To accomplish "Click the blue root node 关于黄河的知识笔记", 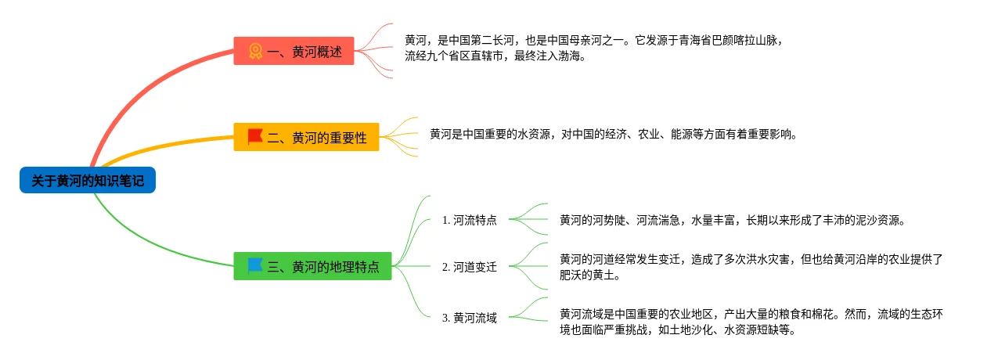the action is click(x=88, y=180).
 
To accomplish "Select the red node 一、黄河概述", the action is click(x=294, y=51).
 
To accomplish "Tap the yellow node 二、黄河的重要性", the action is click(x=306, y=137).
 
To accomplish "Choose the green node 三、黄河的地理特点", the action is click(x=312, y=266).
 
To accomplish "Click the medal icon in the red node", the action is click(x=255, y=51).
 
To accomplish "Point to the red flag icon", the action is click(x=255, y=137).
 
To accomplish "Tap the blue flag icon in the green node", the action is click(x=255, y=266).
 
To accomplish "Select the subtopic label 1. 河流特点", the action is click(x=469, y=220).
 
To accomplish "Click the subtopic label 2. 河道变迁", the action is click(x=469, y=266).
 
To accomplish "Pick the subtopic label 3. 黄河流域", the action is click(x=469, y=318).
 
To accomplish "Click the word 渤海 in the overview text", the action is click(x=569, y=56).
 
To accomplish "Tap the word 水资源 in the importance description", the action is click(x=534, y=134).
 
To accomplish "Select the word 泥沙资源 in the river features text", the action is click(x=877, y=220).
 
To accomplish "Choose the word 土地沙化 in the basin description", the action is click(x=691, y=329).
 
